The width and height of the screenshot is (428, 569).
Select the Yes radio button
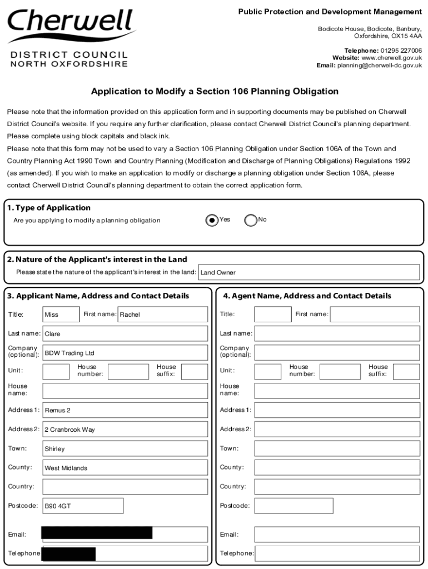tap(212, 220)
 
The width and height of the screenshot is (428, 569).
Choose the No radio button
tap(251, 220)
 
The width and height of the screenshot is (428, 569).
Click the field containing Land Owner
tap(308, 272)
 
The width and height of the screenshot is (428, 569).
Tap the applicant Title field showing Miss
tap(61, 315)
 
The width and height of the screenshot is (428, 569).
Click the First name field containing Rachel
tap(163, 315)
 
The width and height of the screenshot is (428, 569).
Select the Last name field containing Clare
tap(125, 334)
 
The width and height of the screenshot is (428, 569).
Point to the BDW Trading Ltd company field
tap(125, 353)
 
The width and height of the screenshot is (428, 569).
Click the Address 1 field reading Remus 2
tap(125, 410)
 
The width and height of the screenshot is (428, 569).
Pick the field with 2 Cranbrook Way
tap(125, 430)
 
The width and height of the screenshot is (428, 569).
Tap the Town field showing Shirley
tap(125, 448)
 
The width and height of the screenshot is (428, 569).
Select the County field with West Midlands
tap(125, 468)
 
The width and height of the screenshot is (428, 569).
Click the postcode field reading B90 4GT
tap(83, 506)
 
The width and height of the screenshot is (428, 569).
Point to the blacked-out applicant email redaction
tap(97, 533)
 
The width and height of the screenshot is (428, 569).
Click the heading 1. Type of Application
tap(49, 208)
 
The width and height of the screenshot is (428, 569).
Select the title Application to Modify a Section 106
tap(215, 91)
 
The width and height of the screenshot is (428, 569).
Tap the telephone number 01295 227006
tap(401, 51)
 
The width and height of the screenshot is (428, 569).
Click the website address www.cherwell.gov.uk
tap(391, 58)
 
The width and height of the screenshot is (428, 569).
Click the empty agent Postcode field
tap(293, 506)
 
